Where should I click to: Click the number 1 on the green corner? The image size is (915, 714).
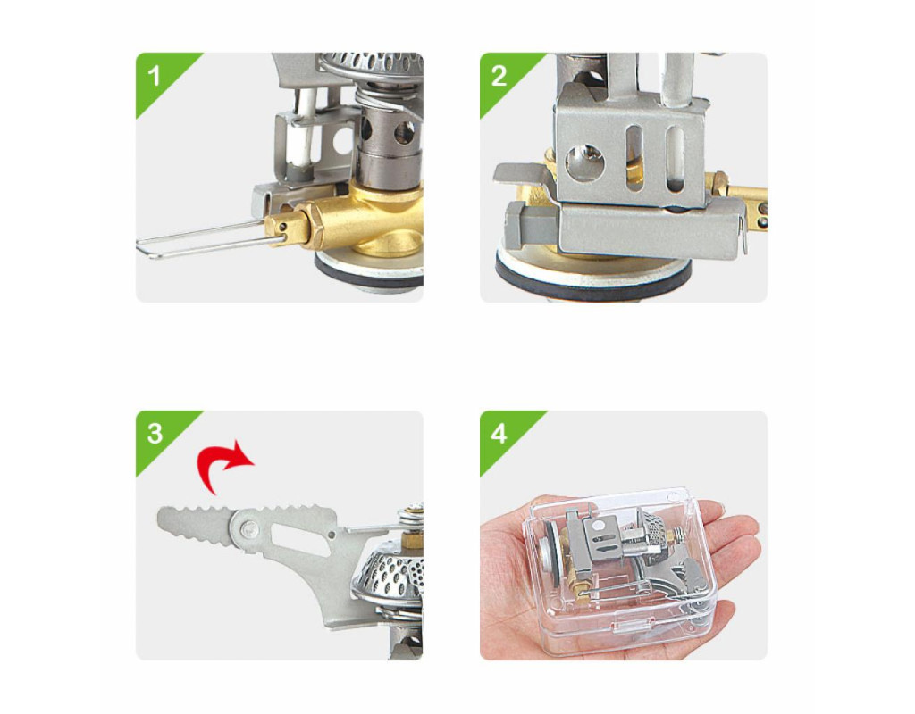coord(154,77)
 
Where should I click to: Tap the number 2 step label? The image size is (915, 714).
coord(499,77)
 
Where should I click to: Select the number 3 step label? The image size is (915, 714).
coord(155,434)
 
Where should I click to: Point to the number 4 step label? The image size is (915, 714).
coord(499,435)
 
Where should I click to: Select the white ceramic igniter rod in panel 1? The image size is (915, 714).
coord(307,131)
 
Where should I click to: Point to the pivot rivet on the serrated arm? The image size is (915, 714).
coord(250,529)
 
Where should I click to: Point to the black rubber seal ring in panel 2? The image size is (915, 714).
coord(592,277)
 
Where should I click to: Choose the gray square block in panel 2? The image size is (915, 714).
coord(533,224)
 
